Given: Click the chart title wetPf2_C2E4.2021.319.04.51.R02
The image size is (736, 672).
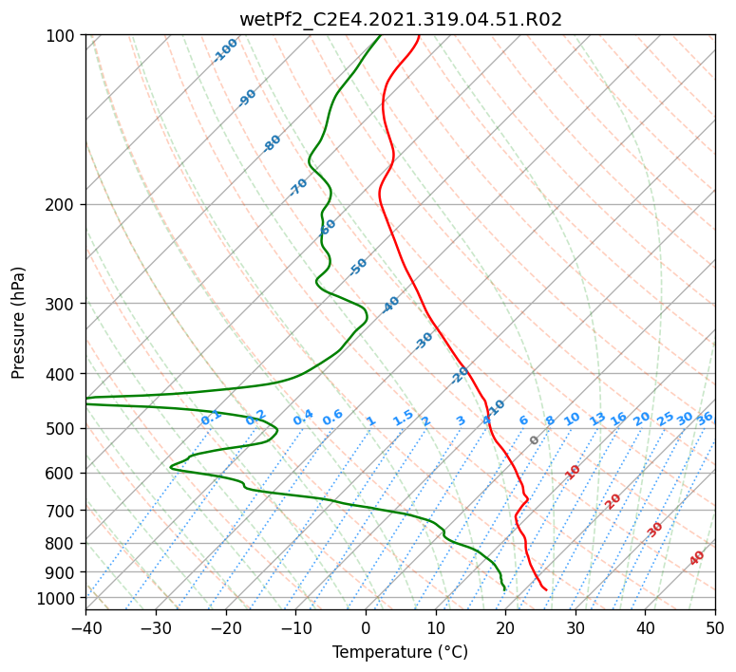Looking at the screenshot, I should click(400, 19).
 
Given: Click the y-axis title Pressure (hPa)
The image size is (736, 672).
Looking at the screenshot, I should click(19, 322).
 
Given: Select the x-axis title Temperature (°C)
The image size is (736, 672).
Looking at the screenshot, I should click(400, 653).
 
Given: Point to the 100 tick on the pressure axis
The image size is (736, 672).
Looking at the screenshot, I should click(63, 36).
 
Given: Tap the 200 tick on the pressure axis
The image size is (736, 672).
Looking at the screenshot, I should click(63, 204).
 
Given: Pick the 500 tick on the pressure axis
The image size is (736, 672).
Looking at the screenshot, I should click(63, 428).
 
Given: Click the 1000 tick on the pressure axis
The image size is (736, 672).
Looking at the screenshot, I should click(59, 598).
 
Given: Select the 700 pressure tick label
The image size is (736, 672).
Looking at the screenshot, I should click(63, 511).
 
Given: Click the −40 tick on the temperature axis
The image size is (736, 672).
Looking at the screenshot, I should click(85, 628).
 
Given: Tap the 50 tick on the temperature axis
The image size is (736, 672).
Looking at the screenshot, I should click(715, 628).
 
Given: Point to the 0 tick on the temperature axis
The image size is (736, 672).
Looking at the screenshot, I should click(366, 628).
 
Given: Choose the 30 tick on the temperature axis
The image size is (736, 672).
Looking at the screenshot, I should click(576, 628).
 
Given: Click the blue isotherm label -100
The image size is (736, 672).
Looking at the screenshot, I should click(226, 50).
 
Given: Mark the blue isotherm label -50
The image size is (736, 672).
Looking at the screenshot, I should click(358, 267).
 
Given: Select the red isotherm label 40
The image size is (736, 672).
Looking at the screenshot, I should click(697, 558).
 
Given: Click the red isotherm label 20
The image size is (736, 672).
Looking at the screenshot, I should click(613, 500).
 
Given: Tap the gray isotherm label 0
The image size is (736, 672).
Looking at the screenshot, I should click(535, 440).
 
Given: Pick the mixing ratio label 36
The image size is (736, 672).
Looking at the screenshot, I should click(705, 418).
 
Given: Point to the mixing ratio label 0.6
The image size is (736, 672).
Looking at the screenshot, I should click(332, 418).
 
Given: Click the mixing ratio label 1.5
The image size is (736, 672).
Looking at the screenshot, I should click(403, 417).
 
